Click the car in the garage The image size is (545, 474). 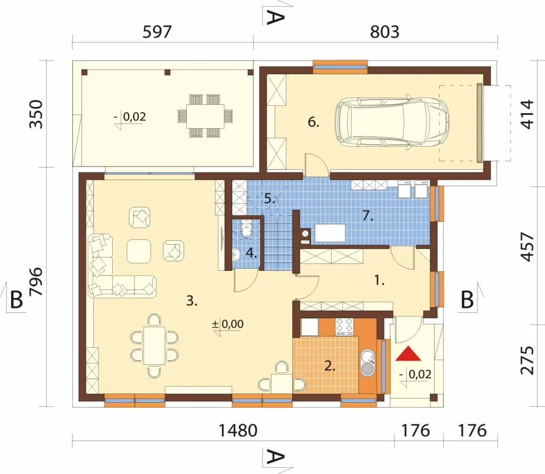(x=392, y=124)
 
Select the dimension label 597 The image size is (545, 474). (x=157, y=32)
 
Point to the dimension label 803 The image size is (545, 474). (x=384, y=32)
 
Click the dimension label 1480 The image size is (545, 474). (x=238, y=430)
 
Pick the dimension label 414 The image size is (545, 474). (x=527, y=114)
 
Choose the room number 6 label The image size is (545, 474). (x=313, y=122)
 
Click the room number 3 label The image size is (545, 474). (x=192, y=301)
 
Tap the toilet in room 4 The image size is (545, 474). (x=246, y=229)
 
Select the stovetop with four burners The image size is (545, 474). (x=344, y=327)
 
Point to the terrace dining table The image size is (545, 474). (x=205, y=116)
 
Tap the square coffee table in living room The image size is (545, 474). (x=139, y=251)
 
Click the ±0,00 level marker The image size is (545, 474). (x=228, y=324)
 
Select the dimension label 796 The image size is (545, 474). (x=36, y=282)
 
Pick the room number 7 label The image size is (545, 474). (x=368, y=216)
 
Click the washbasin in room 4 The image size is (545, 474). (x=236, y=254)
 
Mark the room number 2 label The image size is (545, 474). (x=329, y=366)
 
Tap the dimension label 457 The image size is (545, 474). (x=527, y=247)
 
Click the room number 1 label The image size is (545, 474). (x=379, y=280)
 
